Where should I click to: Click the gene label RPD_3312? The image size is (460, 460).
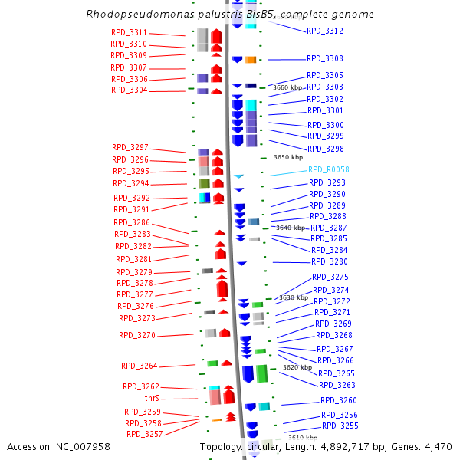point(325,31)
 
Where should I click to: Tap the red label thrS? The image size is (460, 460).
point(152,399)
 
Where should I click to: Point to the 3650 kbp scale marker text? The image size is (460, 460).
point(288,157)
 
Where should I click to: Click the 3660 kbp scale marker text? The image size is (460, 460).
point(287,88)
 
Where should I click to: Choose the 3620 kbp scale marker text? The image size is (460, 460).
point(297,367)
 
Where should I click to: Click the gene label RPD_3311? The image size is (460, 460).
point(129,33)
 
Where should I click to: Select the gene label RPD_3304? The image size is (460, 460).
point(130,90)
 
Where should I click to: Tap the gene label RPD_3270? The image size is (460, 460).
point(137,335)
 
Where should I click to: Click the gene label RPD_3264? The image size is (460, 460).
point(140,366)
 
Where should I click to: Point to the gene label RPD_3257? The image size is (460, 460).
point(145,434)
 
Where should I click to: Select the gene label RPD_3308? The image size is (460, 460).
point(325,59)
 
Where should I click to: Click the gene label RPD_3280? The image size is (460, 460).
point(330,262)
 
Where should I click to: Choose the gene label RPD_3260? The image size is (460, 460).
point(339,401)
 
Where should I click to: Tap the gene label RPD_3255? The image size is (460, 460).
point(340,426)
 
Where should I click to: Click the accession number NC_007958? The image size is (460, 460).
point(83,446)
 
